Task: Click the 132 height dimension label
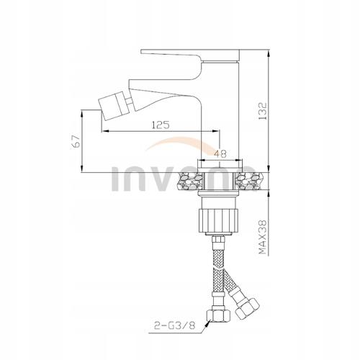(263, 111)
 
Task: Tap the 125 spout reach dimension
(161, 125)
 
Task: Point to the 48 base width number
(220, 153)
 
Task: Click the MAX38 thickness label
(263, 237)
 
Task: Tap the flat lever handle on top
(190, 56)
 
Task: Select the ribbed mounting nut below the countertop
(218, 220)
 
